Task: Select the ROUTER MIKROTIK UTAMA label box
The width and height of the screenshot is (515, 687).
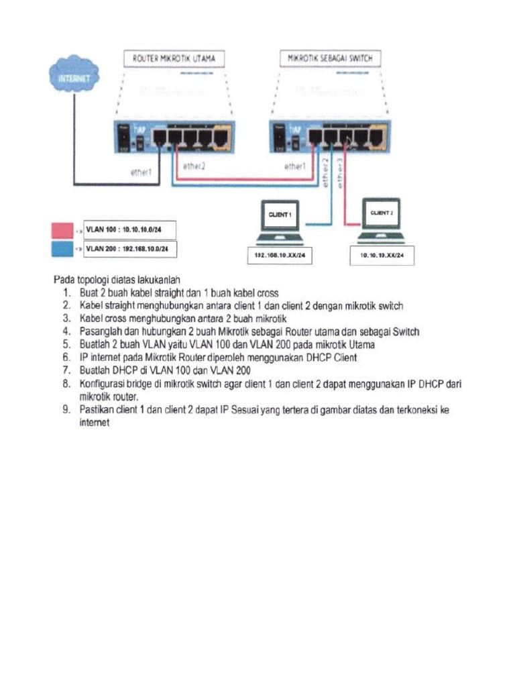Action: tap(174, 60)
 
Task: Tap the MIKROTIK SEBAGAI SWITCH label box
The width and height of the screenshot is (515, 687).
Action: tap(329, 60)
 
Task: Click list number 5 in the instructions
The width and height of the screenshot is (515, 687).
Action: tap(66, 345)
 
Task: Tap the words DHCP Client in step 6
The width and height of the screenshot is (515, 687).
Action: tap(329, 358)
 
